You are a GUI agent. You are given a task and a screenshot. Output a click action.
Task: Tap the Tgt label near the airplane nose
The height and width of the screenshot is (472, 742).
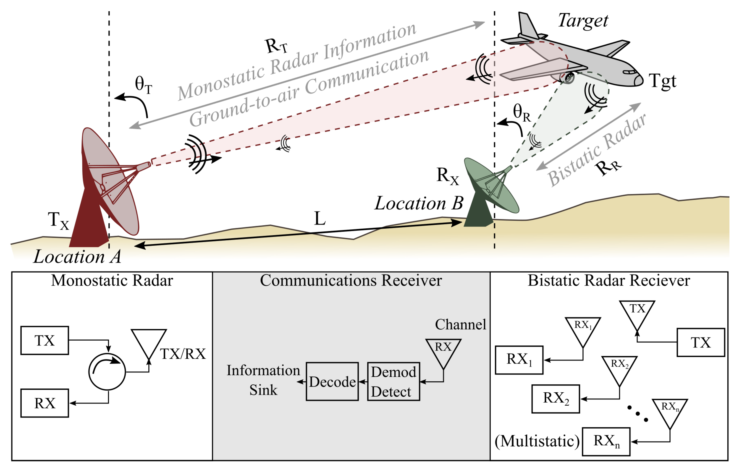[663, 81]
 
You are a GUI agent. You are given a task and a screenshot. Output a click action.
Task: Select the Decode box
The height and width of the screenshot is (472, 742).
[332, 381]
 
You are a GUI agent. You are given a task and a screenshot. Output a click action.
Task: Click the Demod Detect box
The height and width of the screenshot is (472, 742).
[393, 381]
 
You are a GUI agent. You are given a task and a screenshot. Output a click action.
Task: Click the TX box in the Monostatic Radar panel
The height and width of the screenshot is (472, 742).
[45, 340]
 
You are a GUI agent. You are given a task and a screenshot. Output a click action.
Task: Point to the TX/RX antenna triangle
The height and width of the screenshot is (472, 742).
[149, 342]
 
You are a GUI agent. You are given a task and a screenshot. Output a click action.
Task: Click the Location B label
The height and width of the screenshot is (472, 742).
[419, 203]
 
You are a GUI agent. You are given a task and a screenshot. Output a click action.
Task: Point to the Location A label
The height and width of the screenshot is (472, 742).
[77, 256]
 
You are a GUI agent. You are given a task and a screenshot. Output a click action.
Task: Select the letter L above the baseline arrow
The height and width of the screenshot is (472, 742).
[320, 219]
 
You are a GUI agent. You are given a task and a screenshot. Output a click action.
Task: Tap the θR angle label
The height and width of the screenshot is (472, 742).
[521, 112]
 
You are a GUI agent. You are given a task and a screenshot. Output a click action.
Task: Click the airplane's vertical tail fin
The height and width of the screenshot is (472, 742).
[527, 25]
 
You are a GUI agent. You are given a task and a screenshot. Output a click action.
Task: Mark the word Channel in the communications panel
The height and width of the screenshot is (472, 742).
[460, 324]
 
